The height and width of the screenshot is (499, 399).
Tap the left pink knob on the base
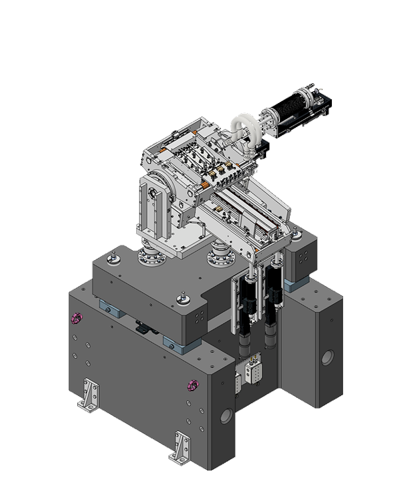point(77,319)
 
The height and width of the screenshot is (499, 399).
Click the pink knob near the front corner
point(193,385)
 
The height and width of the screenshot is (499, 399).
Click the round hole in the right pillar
point(327,358)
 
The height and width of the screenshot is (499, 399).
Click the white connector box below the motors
point(253,372)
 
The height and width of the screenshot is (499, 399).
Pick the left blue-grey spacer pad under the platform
point(110,307)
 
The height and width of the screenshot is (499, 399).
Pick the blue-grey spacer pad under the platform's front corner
point(174,343)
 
